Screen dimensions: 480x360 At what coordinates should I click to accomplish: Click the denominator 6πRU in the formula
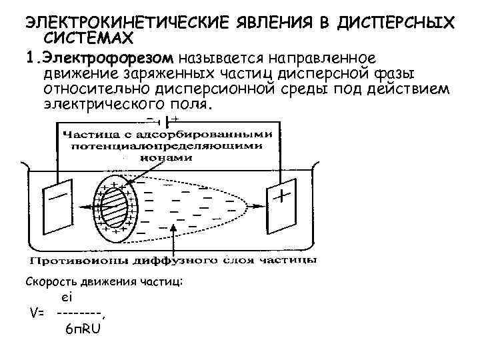pyautogui.click(x=82, y=329)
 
